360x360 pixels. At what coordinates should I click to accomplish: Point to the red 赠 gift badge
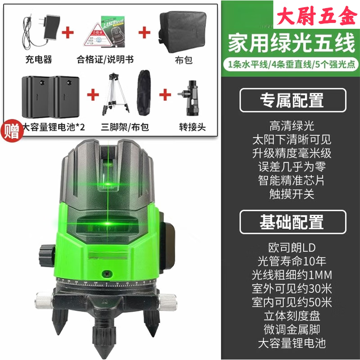[x=10, y=131]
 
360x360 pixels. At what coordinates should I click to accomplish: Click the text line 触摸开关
[x=292, y=194]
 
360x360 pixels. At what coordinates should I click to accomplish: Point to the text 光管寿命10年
[x=292, y=261]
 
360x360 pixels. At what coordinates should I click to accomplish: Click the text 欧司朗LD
[x=292, y=247]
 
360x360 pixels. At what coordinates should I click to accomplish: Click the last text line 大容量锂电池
[x=292, y=343]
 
